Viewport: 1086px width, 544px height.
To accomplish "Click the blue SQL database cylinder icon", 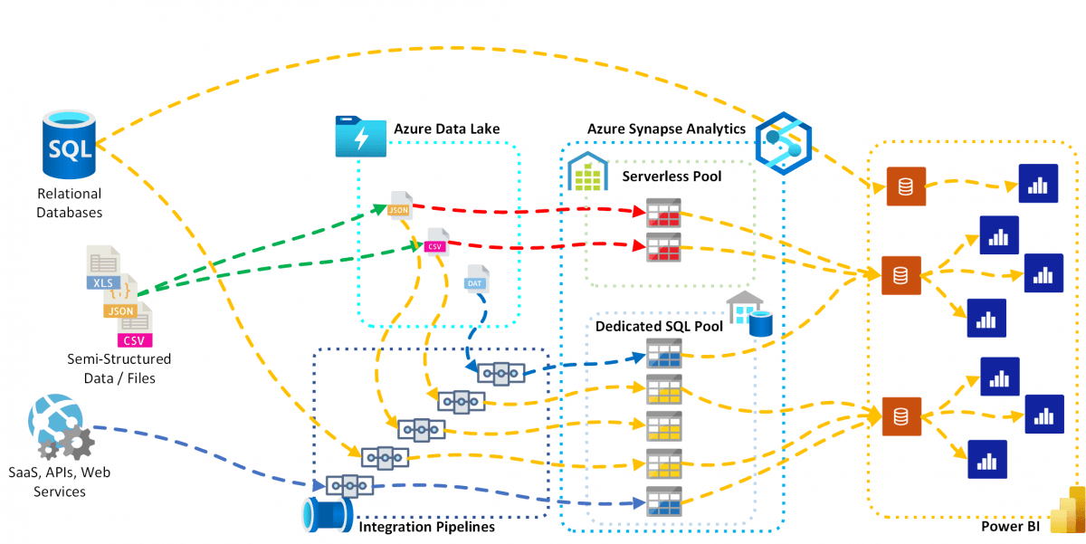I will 69,147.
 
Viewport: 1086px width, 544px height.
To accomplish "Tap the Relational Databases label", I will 69,204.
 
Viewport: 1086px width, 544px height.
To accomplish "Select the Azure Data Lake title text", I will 446,129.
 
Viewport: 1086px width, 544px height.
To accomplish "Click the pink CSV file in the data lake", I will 435,242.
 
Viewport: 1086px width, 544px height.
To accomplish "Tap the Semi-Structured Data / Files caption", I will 119,368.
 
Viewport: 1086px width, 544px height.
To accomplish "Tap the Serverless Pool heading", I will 672,176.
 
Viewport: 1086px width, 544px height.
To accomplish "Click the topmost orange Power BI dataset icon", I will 905,187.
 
